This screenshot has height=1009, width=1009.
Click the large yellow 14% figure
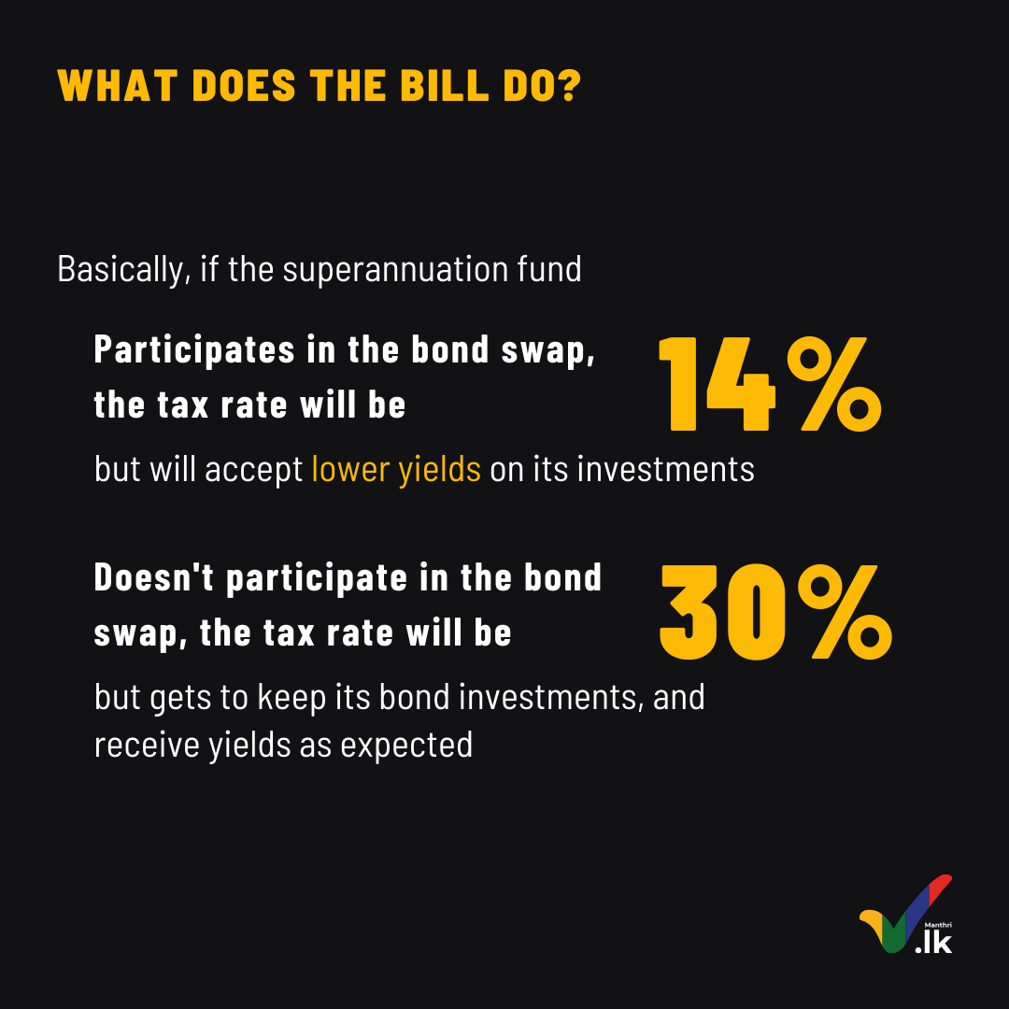(x=770, y=384)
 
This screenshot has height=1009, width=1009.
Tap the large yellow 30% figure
(x=776, y=612)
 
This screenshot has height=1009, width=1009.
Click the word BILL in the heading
(x=445, y=85)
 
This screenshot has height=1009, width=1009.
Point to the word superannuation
(x=396, y=270)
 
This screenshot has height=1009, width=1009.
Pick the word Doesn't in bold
(x=154, y=576)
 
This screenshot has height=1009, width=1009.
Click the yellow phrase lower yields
(x=396, y=469)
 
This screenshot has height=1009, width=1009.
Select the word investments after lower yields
(x=665, y=469)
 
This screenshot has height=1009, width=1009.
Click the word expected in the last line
(x=406, y=746)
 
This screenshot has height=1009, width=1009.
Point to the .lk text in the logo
(x=933, y=943)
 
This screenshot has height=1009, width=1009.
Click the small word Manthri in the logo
(x=938, y=925)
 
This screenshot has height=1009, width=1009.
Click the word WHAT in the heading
(x=117, y=85)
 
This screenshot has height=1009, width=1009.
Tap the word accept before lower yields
(x=254, y=470)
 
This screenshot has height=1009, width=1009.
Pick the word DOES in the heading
(x=244, y=85)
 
